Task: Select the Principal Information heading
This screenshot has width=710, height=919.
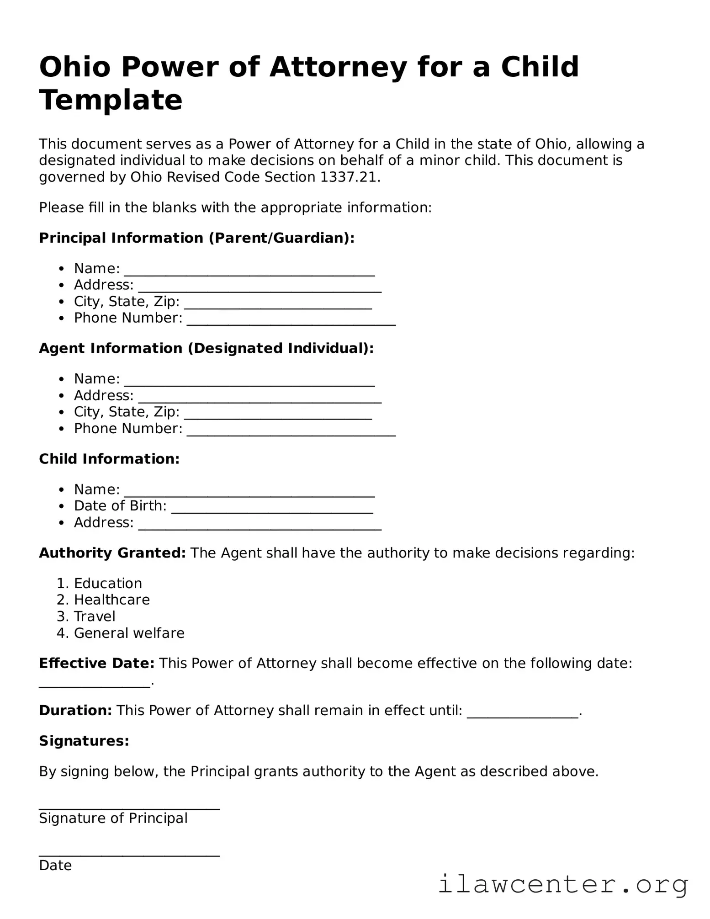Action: pyautogui.click(x=196, y=238)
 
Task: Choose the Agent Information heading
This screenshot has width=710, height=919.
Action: pyautogui.click(x=206, y=348)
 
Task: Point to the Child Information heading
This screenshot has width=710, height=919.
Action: pyautogui.click(x=109, y=459)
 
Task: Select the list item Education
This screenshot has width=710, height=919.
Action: pyautogui.click(x=108, y=584)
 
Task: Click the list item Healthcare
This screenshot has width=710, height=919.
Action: pyautogui.click(x=112, y=600)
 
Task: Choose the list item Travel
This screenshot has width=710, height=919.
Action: pyautogui.click(x=95, y=616)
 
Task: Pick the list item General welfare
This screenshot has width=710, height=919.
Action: pyautogui.click(x=129, y=633)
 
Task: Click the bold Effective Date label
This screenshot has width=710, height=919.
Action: pyautogui.click(x=97, y=663)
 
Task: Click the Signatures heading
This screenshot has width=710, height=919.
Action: pyautogui.click(x=84, y=741)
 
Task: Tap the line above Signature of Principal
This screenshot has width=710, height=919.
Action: pyautogui.click(x=129, y=808)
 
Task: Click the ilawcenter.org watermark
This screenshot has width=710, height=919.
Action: pyautogui.click(x=563, y=885)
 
